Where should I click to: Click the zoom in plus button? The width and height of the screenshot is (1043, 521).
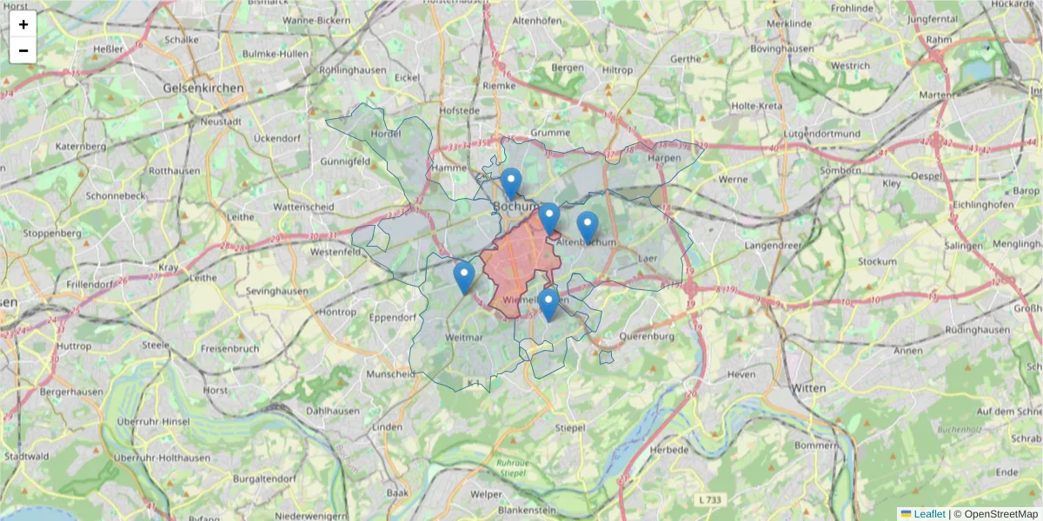23,24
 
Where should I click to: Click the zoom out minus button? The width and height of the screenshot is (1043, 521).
23,50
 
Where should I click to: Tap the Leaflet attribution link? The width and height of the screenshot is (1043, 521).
928,514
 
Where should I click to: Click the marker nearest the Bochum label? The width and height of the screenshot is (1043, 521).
510,183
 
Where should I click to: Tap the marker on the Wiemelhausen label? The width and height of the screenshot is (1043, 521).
548,304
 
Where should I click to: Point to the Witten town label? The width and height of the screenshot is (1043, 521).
808,388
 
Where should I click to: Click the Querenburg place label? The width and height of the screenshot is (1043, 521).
648,336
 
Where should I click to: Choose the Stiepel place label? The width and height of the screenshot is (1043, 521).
571,427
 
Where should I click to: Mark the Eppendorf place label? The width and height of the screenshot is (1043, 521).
394,318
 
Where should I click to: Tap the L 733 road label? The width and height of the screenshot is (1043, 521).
710,499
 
